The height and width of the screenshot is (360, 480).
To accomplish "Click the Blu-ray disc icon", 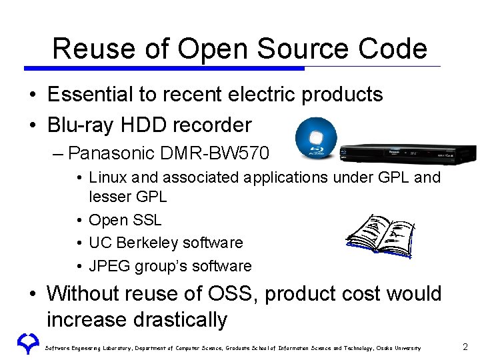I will (x=316, y=138).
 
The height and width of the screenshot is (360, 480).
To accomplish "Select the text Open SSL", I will (x=125, y=220).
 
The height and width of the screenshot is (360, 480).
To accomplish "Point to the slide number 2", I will (x=465, y=347).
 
